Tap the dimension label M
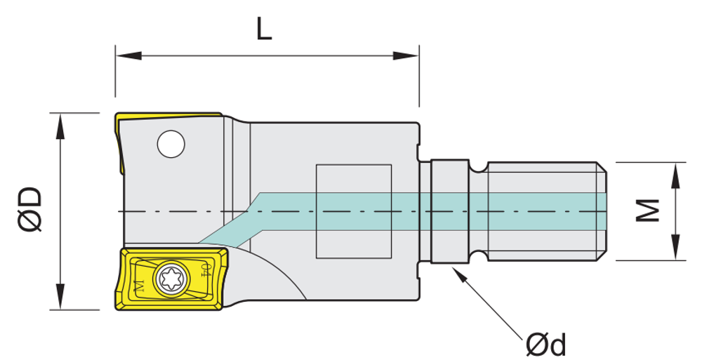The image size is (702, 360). tap(647, 211)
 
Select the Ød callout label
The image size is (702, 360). tap(545, 344)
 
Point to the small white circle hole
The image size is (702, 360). tap(171, 144)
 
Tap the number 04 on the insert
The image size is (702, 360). tap(205, 270)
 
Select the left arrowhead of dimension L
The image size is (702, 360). tap(128, 55)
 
